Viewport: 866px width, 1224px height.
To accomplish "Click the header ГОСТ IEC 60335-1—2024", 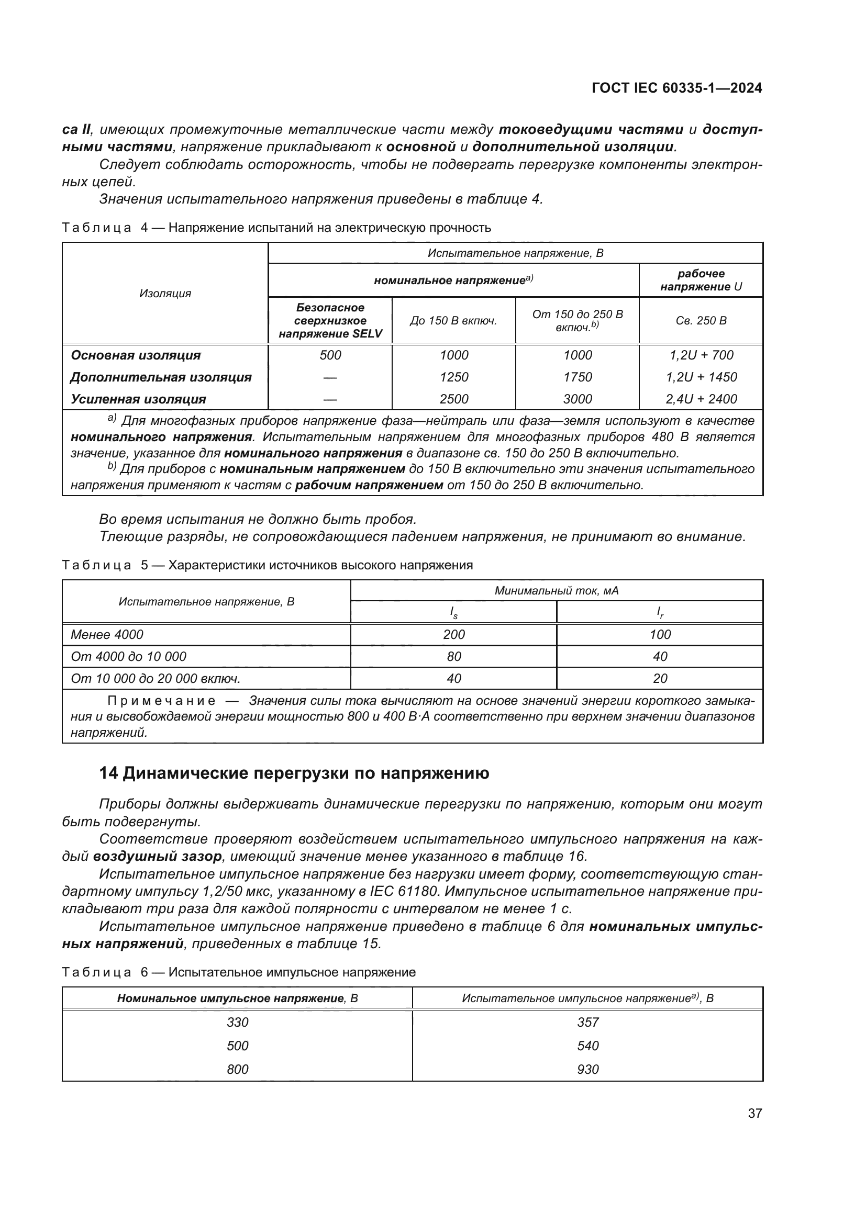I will pyautogui.click(x=676, y=88).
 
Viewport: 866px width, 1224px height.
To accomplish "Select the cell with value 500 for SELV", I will pyautogui.click(x=330, y=355).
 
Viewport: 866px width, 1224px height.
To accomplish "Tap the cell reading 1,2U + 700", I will pyautogui.click(x=701, y=355).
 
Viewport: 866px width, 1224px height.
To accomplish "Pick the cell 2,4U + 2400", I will pyautogui.click(x=701, y=399).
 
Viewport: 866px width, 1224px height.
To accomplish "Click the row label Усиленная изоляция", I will pyautogui.click(x=138, y=399).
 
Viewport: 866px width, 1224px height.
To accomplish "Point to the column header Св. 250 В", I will pyautogui.click(x=701, y=320).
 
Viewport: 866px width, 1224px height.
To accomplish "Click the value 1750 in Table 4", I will pyautogui.click(x=578, y=377).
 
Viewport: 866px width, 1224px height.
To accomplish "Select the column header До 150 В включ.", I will pyautogui.click(x=453, y=320).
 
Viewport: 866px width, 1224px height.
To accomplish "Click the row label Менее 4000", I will pyautogui.click(x=107, y=634).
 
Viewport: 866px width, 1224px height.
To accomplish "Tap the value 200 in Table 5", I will pyautogui.click(x=454, y=634).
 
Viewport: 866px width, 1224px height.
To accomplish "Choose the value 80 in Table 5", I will pyautogui.click(x=454, y=656).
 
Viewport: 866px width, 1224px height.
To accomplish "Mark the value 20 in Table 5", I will pyautogui.click(x=660, y=678).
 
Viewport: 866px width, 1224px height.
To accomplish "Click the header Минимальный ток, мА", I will pyautogui.click(x=556, y=591).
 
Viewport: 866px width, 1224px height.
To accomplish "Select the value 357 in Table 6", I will pyautogui.click(x=587, y=1022).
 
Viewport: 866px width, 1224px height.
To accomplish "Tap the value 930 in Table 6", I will pyautogui.click(x=587, y=1069).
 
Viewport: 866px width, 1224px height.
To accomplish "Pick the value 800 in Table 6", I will pyautogui.click(x=237, y=1069).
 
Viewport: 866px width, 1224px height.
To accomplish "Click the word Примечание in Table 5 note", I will pyautogui.click(x=162, y=701).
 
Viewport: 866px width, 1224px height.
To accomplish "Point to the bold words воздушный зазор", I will pyautogui.click(x=157, y=857).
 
